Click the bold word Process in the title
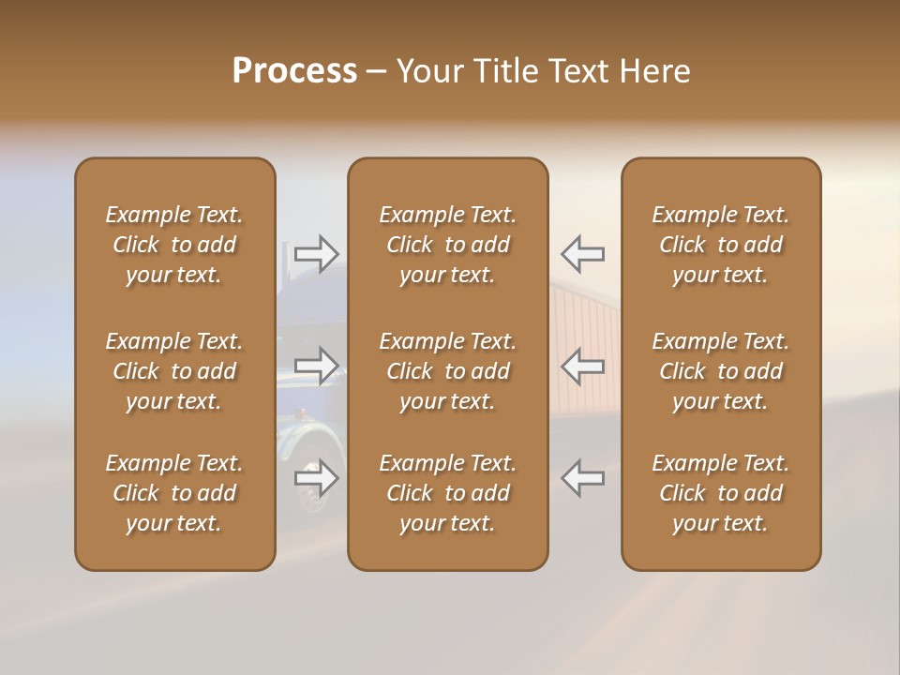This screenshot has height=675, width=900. [x=294, y=71]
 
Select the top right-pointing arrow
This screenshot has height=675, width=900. [x=316, y=253]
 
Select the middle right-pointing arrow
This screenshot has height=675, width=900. [x=316, y=366]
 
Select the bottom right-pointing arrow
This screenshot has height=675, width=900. [x=316, y=478]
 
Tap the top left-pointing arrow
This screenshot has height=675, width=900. [x=583, y=253]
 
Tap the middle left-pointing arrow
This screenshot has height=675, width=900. [x=583, y=366]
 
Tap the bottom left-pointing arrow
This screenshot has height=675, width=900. [x=583, y=478]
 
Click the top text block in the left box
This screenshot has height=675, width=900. [x=174, y=245]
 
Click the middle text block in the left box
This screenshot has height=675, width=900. [x=174, y=371]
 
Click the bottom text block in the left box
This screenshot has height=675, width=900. [x=174, y=493]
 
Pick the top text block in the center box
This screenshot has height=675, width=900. [x=447, y=245]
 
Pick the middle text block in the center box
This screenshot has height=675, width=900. [x=447, y=371]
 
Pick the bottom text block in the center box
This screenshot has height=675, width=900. [x=447, y=493]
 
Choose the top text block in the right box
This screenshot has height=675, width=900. [x=720, y=245]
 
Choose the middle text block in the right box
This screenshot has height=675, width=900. [x=720, y=371]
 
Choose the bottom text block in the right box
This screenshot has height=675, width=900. [x=720, y=493]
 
